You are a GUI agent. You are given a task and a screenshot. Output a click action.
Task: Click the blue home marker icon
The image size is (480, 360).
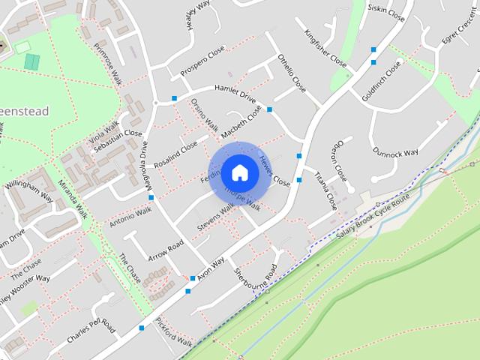coord(239,172)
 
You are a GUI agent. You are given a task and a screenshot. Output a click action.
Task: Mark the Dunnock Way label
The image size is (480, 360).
coord(396,152)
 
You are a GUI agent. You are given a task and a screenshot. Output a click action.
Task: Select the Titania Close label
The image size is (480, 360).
coord(325,190)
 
